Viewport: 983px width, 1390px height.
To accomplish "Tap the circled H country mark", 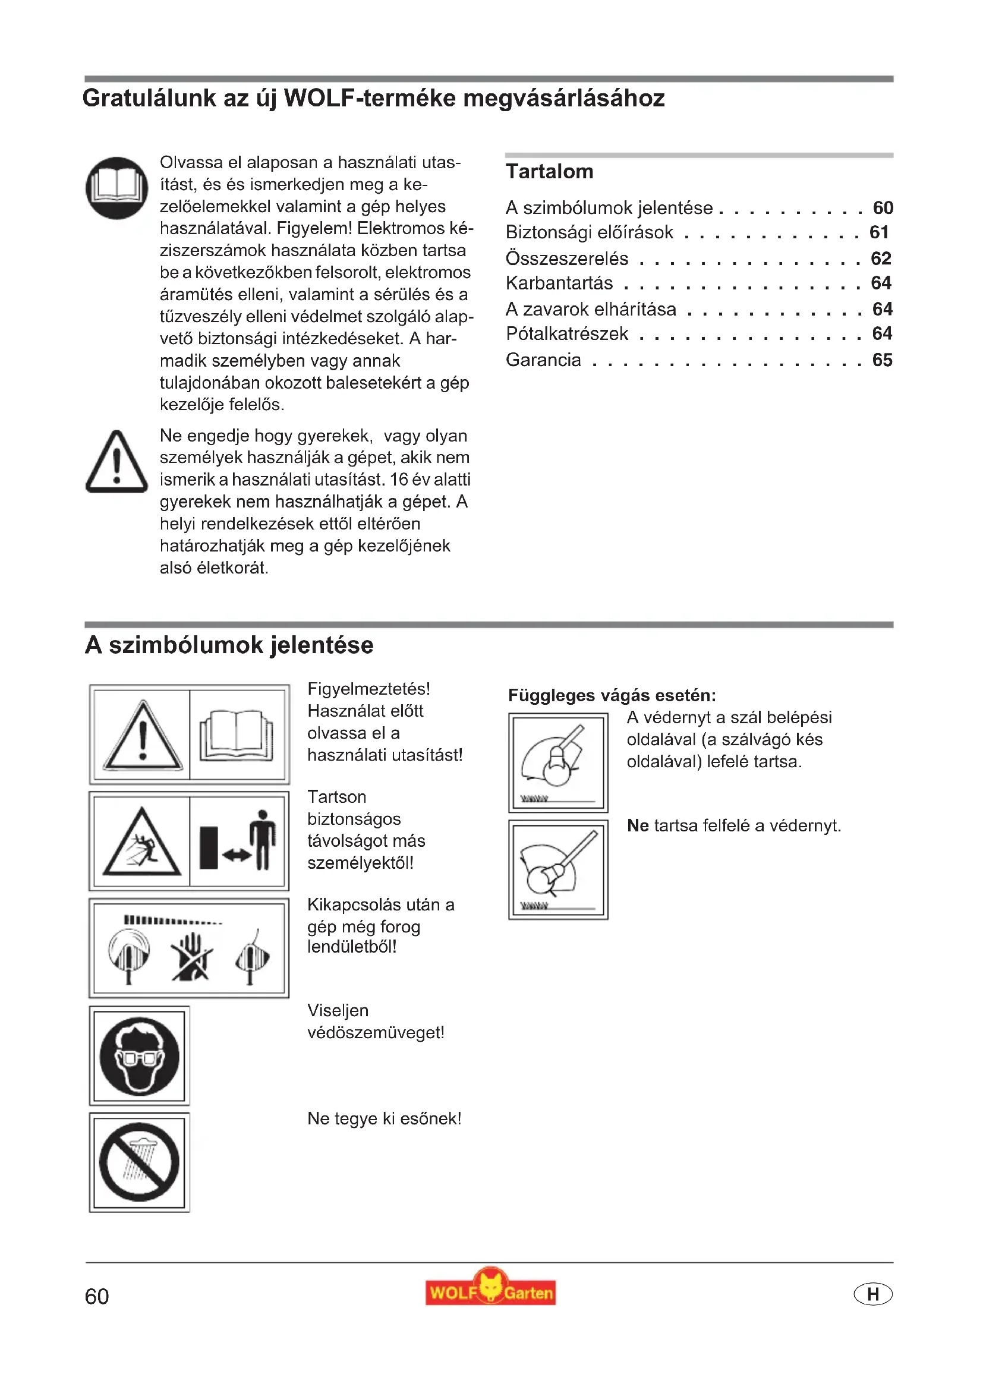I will (x=872, y=1294).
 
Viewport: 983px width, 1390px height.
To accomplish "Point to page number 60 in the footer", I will (x=97, y=1296).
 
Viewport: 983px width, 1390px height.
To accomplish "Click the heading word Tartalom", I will (x=549, y=172).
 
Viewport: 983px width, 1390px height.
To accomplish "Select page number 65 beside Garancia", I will (x=882, y=360).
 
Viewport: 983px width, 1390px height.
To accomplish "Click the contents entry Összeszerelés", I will (x=566, y=259).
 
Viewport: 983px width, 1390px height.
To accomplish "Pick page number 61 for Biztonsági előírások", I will (x=879, y=232).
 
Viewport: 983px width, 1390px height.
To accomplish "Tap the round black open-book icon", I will (x=117, y=188).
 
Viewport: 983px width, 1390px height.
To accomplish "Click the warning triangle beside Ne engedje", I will (x=117, y=462).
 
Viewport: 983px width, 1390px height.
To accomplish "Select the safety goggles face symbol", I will (x=140, y=1056).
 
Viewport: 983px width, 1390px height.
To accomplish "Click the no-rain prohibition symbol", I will (x=140, y=1162).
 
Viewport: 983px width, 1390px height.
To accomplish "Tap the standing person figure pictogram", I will (x=263, y=839).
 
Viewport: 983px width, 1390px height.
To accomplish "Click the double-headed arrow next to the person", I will (x=236, y=854).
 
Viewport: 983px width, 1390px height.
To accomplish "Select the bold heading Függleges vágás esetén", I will (x=612, y=695).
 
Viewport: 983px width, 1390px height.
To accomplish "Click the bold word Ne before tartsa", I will (x=637, y=826).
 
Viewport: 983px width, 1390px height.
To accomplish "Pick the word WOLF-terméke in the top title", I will (x=370, y=98).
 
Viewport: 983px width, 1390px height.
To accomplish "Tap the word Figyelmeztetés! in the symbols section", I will (x=368, y=689).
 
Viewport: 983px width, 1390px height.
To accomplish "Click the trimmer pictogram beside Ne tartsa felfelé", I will (x=558, y=869).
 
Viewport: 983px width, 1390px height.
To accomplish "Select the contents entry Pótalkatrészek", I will (x=566, y=333).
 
